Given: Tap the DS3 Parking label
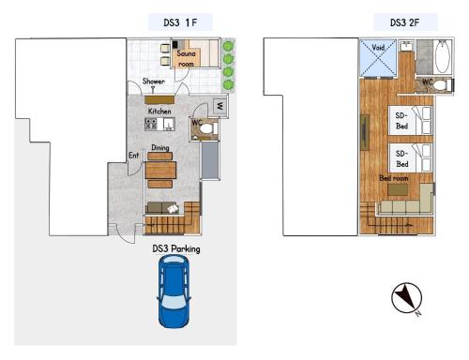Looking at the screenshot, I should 176,249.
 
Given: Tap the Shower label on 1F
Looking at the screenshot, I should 154,82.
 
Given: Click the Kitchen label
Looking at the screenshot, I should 159,111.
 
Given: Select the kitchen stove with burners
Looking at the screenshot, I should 151,123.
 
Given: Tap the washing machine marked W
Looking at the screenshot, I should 219,106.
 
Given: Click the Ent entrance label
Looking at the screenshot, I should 133,155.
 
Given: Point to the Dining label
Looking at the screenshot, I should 160,147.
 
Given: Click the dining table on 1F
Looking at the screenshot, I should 160,171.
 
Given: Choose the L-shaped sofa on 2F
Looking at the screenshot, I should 408,200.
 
